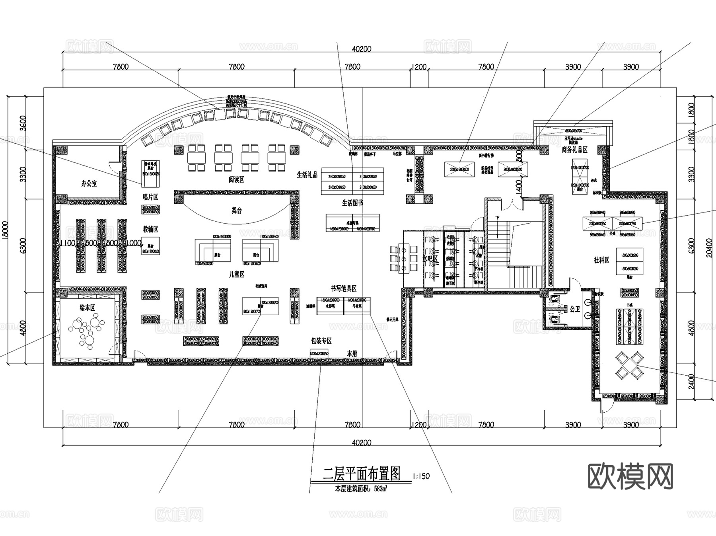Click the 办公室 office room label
(89, 183)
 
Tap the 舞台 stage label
(237, 211)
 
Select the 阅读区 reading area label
(236, 179)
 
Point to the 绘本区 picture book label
(88, 308)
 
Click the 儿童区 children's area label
(236, 274)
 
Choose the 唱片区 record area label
(150, 197)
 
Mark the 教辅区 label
(151, 229)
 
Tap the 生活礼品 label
(307, 174)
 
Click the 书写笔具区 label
(343, 288)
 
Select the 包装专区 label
(321, 341)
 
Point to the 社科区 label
(601, 260)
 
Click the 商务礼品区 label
(574, 150)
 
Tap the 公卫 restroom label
(575, 309)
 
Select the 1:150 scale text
(421, 476)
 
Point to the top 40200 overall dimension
(362, 49)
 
